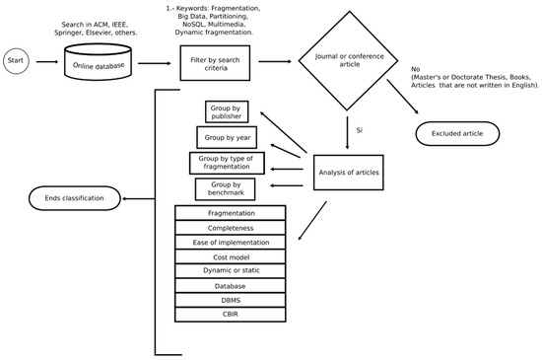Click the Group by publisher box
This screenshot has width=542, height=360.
point(226,111)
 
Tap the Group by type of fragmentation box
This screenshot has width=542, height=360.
point(226,163)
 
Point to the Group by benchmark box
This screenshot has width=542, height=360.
point(226,188)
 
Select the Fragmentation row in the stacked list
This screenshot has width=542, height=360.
point(230,213)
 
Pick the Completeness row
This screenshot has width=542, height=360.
point(230,228)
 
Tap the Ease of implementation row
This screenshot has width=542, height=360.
point(230,242)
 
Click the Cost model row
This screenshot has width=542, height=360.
point(230,256)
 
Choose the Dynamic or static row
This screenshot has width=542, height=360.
point(230,271)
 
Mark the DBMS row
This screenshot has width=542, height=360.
point(230,300)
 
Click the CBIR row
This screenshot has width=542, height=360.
point(230,315)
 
